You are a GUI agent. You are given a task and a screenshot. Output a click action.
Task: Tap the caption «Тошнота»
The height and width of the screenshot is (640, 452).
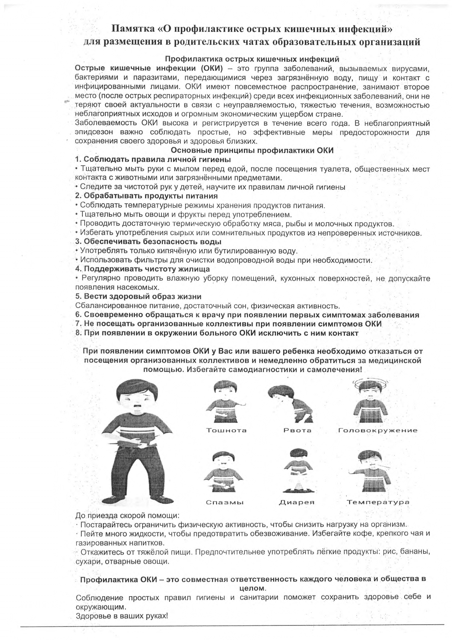226,430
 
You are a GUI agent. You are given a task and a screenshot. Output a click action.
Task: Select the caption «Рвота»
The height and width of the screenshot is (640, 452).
297,430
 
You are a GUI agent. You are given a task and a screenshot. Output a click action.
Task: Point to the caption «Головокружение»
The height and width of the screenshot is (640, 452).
378,430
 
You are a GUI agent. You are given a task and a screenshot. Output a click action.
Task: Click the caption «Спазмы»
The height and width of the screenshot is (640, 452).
225,502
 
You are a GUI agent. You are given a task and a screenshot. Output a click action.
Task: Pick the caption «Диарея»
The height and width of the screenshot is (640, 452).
296,502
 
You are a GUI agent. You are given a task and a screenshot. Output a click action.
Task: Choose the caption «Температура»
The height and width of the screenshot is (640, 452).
378,502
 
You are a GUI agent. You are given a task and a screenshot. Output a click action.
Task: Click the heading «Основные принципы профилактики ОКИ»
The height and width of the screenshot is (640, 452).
252,150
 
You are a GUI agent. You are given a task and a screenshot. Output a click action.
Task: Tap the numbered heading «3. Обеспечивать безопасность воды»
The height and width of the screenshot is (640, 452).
148,242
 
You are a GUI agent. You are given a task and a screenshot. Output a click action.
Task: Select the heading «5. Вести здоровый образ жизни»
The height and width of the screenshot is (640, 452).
138,297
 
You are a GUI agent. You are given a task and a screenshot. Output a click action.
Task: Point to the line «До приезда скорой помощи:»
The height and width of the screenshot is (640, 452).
127,516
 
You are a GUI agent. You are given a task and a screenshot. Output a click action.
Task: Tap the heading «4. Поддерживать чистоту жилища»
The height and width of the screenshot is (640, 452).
142,269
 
